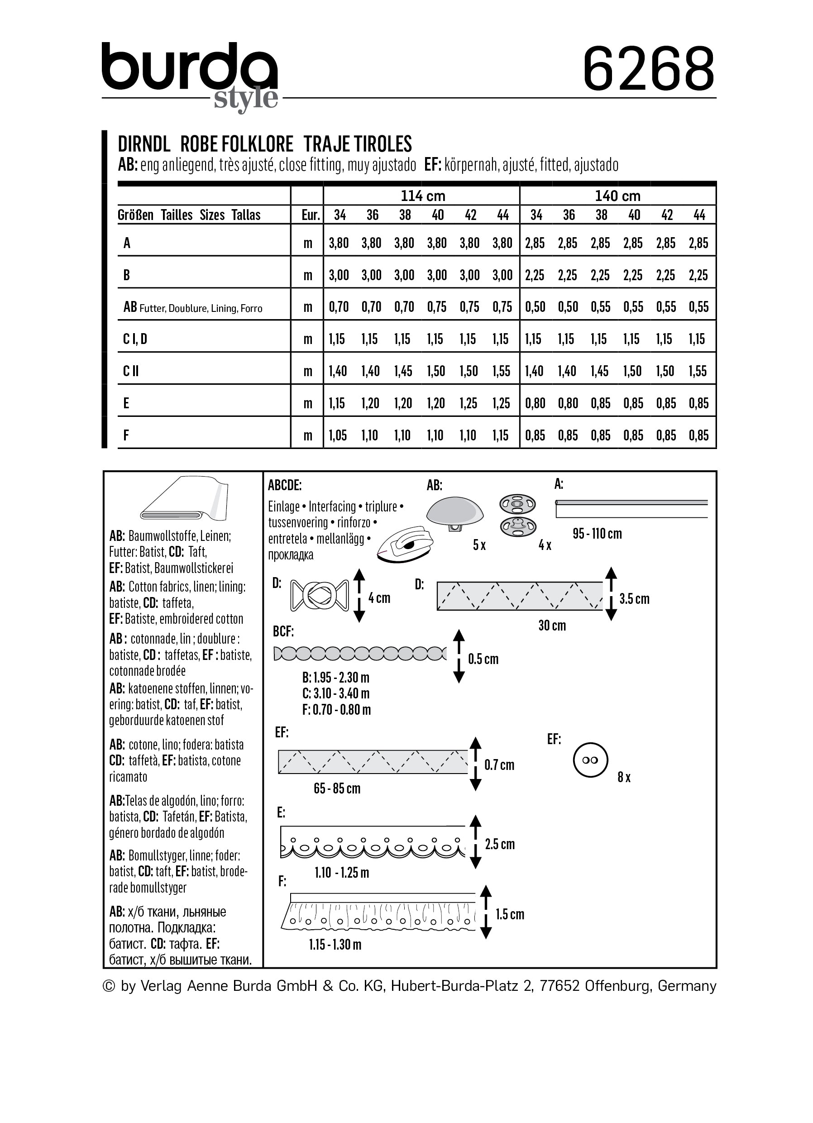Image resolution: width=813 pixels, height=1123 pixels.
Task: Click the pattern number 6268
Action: (649, 69)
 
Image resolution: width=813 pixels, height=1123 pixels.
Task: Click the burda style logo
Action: (191, 74)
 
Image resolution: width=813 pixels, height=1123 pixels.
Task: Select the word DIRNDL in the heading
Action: (144, 144)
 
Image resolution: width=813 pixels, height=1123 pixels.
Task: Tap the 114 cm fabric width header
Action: (422, 196)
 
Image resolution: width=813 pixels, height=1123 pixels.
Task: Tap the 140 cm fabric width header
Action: (617, 196)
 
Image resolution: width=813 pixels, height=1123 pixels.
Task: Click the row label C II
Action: (131, 371)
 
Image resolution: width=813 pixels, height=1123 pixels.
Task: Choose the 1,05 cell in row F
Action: (339, 435)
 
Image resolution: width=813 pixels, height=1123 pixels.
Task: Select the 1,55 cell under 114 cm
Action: (502, 371)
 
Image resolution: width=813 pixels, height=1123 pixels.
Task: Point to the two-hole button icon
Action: (590, 760)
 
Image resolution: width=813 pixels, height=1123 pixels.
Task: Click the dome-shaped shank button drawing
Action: (454, 512)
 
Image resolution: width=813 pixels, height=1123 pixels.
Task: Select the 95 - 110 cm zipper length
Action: (597, 534)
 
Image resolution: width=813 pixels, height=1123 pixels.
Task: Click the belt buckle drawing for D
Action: (319, 595)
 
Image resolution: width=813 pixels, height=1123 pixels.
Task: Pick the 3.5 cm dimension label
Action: (634, 599)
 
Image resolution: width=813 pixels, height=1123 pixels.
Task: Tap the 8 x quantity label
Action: (624, 777)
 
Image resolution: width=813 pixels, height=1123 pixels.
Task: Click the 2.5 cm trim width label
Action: (500, 844)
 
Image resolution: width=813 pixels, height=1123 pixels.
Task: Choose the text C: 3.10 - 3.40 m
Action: (336, 693)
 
